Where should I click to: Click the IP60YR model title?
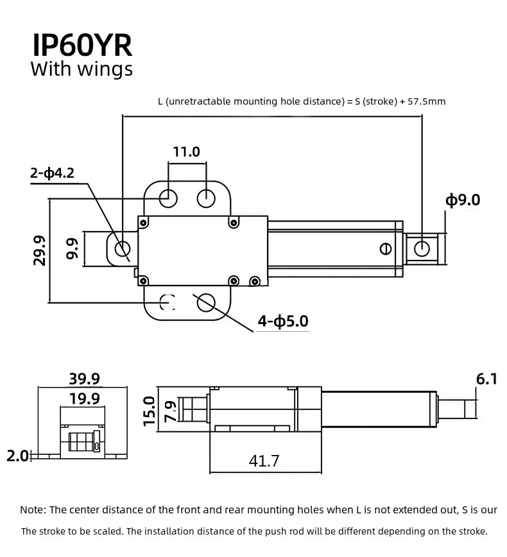click(82, 46)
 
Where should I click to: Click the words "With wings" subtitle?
click(82, 69)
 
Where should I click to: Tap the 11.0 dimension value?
click(187, 152)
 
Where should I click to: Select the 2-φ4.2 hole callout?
click(52, 173)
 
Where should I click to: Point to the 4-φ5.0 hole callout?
click(283, 321)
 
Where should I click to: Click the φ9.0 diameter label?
click(463, 200)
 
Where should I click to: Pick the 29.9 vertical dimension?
click(39, 250)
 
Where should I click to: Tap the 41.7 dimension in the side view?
click(264, 461)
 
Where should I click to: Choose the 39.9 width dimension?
click(85, 379)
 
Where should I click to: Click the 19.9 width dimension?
click(85, 398)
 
